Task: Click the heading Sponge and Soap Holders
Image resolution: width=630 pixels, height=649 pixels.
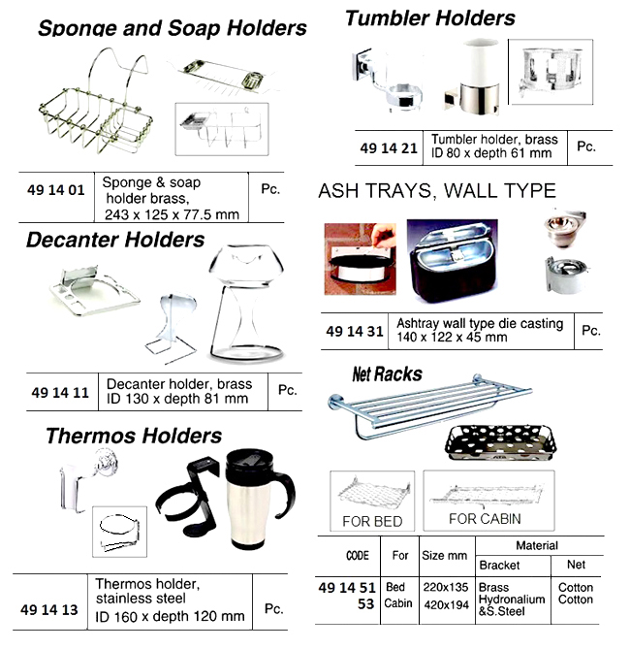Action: click(x=172, y=30)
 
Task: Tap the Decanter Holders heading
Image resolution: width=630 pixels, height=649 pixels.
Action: click(x=115, y=240)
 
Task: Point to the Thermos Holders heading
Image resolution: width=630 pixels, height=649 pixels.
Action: click(x=134, y=437)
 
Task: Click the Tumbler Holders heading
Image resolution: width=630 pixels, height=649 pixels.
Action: click(x=430, y=17)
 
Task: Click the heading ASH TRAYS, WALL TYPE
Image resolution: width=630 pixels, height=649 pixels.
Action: click(x=437, y=191)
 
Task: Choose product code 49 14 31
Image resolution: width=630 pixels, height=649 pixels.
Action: click(x=361, y=331)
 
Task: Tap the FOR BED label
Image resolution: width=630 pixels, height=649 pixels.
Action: click(x=372, y=521)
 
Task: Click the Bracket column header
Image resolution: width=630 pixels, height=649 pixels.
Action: click(x=499, y=565)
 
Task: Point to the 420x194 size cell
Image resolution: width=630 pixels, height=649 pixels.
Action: click(x=445, y=603)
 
